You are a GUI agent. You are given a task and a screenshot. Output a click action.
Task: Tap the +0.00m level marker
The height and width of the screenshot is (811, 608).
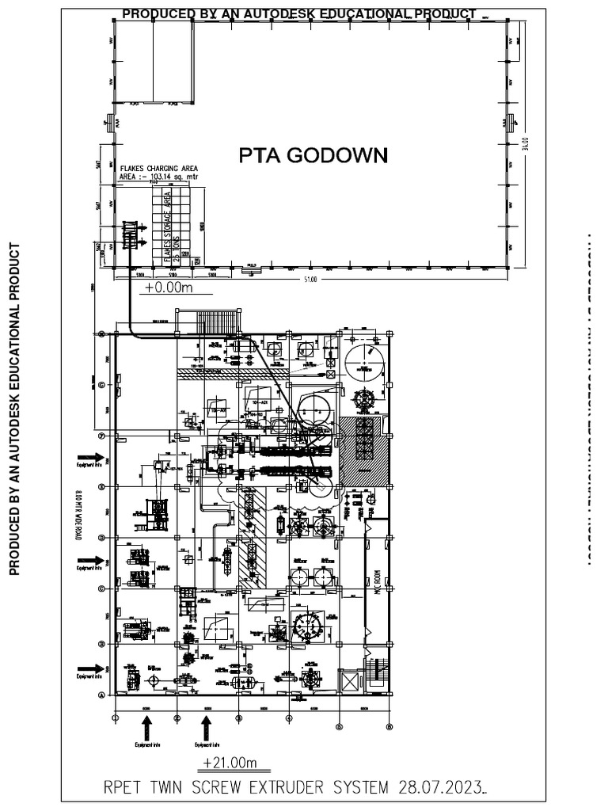[169, 288]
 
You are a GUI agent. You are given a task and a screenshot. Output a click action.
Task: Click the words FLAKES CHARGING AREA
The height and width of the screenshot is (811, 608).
[158, 169]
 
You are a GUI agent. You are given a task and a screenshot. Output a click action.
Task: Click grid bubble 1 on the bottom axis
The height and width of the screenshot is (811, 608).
[116, 718]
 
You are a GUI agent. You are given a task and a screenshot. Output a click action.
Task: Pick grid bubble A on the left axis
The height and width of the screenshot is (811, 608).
[101, 695]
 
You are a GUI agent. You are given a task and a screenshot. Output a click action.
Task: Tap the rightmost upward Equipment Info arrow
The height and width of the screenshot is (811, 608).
[206, 725]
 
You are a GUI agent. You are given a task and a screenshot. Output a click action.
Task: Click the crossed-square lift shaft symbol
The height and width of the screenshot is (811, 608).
[348, 680]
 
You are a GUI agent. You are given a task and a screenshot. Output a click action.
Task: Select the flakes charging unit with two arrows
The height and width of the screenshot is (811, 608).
[131, 235]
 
